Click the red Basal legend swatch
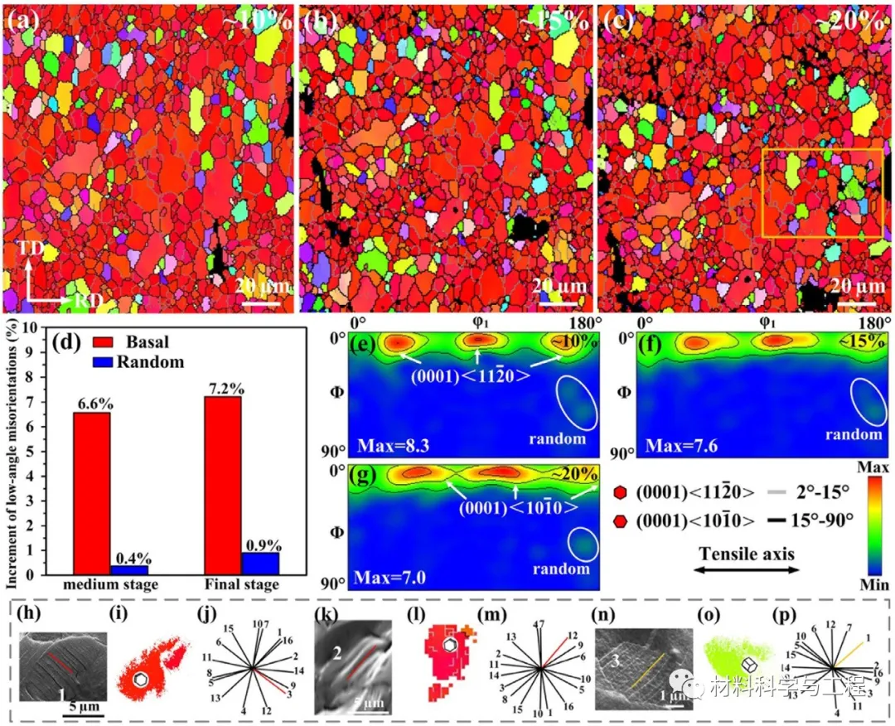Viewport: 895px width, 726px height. click(x=94, y=341)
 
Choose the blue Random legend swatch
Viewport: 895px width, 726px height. click(x=94, y=361)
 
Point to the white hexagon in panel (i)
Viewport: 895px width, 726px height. click(x=142, y=680)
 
